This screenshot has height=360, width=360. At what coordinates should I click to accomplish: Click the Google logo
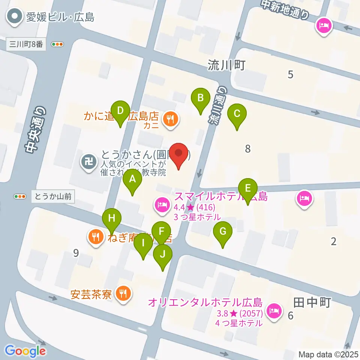pos(25,351)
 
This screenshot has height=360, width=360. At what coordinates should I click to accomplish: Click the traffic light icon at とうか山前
pos(20,196)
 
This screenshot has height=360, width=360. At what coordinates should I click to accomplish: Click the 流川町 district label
pos(226,66)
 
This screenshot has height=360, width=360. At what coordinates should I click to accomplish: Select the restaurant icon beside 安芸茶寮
pos(123,293)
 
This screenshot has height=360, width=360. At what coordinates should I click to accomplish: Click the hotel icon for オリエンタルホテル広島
pos(273,310)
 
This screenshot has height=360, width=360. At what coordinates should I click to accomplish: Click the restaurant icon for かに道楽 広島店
pos(171,119)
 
